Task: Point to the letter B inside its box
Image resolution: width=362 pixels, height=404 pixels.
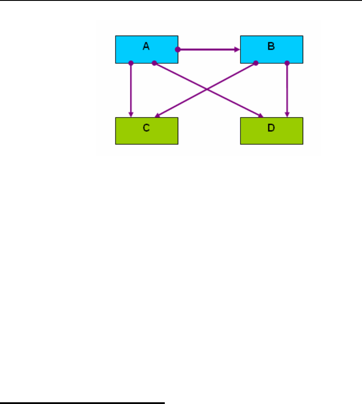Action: tap(271, 46)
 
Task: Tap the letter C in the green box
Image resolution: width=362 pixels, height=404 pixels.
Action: tap(146, 128)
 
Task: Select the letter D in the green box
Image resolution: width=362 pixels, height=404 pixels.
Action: tap(271, 128)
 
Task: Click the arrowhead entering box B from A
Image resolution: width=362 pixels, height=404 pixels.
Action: tap(237, 49)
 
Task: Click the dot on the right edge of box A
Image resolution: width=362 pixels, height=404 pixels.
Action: tap(177, 49)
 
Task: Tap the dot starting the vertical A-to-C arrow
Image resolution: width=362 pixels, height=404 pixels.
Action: tap(131, 63)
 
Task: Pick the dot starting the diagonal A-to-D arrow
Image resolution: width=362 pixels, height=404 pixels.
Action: tap(154, 63)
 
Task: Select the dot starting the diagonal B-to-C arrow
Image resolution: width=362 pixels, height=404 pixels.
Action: tap(256, 63)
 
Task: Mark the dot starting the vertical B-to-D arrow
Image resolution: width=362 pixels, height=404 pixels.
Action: tap(287, 63)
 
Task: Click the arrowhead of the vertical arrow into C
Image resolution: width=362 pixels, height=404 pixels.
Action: tap(131, 115)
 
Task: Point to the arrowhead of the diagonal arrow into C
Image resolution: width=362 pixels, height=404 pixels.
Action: tap(157, 116)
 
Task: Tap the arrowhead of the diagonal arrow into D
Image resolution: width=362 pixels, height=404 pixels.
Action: tap(261, 116)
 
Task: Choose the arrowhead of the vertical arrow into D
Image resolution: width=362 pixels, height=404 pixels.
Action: tap(287, 115)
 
